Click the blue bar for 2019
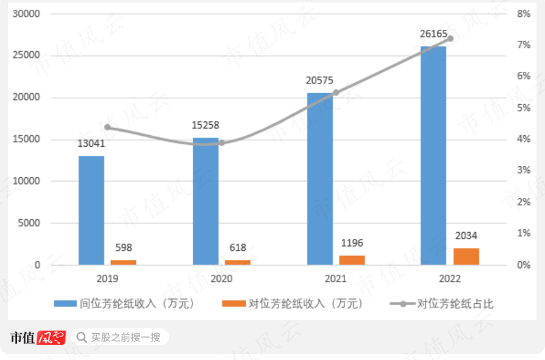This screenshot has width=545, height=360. coord(91,210)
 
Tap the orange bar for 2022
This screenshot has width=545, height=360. coord(466,256)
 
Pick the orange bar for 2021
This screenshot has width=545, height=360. coord(352,260)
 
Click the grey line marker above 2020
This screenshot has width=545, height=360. coord(222,143)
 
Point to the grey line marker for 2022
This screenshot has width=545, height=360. coord(451,38)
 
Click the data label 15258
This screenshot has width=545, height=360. coord(205,125)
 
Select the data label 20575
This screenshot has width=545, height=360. coord(320,80)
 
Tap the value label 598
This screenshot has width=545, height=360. coord(124,248)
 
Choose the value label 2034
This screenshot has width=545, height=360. coord(466,236)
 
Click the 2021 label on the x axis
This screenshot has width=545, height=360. coord(335,279)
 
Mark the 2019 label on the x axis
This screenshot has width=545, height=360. coord(107,279)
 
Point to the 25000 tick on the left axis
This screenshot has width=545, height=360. coord(27,55)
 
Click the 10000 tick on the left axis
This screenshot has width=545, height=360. coord(27,182)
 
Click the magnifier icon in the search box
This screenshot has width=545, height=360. coord(81,337)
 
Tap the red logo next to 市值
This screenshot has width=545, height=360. coord(51,337)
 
